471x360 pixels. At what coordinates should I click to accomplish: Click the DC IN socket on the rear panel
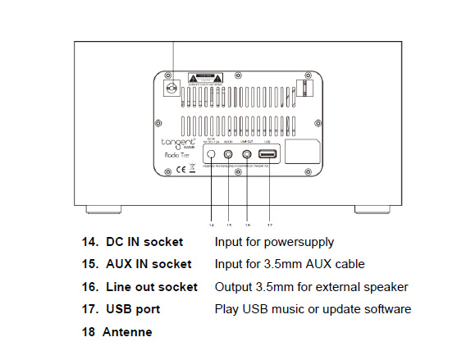tap(211, 153)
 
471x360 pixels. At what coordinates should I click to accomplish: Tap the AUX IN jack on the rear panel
tap(229, 153)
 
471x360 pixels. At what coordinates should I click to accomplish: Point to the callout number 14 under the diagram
tap(211, 223)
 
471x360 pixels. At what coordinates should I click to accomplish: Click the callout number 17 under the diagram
tap(269, 223)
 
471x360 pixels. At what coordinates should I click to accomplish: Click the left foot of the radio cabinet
tap(101, 209)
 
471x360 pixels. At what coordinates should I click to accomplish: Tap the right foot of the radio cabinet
tap(371, 209)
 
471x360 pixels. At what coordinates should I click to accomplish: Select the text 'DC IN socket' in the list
tap(144, 243)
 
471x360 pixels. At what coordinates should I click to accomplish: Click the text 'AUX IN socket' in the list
tap(149, 265)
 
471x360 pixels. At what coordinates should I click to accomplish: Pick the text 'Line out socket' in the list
tap(151, 287)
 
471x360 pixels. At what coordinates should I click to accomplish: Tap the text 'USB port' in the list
tap(133, 309)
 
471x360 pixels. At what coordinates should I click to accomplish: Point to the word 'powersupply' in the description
tap(297, 243)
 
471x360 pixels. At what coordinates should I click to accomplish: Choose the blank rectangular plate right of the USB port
tap(301, 153)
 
